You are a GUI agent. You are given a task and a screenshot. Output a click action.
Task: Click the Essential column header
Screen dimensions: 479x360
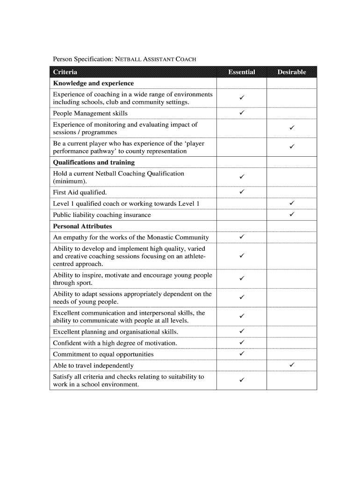pyautogui.click(x=241, y=72)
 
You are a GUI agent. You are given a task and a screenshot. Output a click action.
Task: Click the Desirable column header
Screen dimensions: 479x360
pyautogui.click(x=292, y=72)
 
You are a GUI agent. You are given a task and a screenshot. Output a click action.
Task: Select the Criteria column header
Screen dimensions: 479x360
pyautogui.click(x=65, y=72)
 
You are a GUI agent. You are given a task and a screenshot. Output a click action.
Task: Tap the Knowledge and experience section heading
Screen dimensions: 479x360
pyautogui.click(x=94, y=83)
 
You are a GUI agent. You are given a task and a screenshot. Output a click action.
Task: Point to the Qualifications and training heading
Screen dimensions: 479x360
pyautogui.click(x=94, y=162)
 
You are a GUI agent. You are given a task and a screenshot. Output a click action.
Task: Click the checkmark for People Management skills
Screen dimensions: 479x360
pyautogui.click(x=242, y=113)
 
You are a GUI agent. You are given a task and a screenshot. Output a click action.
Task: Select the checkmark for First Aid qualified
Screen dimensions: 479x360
pyautogui.click(x=242, y=192)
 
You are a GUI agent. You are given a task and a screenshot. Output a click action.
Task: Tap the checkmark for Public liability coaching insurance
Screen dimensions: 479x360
pyautogui.click(x=292, y=214)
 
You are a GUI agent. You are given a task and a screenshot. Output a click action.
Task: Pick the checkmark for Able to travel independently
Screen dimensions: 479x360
pyautogui.click(x=292, y=364)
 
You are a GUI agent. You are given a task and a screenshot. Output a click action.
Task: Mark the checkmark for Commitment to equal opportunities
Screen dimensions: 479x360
pyautogui.click(x=242, y=354)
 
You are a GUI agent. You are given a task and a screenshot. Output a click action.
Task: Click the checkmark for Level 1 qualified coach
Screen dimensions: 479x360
pyautogui.click(x=292, y=203)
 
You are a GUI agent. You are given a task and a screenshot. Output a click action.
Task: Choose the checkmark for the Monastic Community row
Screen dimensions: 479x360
pyautogui.click(x=242, y=237)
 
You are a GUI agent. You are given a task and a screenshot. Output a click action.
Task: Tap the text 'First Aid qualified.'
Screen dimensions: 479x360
pyautogui.click(x=80, y=192)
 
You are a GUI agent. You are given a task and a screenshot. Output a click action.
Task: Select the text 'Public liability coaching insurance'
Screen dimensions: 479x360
pyautogui.click(x=102, y=215)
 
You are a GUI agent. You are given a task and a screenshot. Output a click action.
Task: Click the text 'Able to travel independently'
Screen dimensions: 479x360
pyautogui.click(x=94, y=365)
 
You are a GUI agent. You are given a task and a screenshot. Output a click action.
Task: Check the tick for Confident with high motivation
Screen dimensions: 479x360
pyautogui.click(x=242, y=342)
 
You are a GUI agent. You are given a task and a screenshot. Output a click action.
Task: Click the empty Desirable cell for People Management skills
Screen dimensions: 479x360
pyautogui.click(x=292, y=113)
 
